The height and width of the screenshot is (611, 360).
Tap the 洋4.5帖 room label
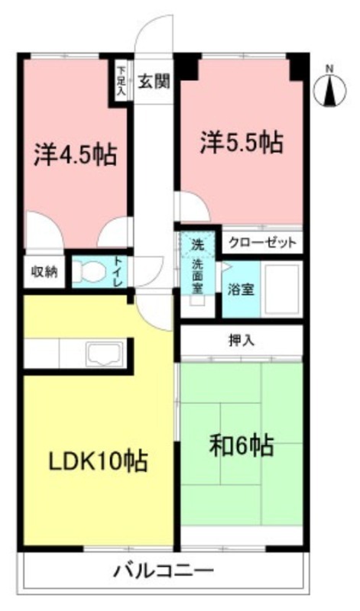pyautogui.click(x=74, y=155)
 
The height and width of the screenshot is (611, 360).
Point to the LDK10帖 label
pyautogui.click(x=98, y=462)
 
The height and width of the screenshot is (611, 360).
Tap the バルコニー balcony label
pyautogui.click(x=165, y=571)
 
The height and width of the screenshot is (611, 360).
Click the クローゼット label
pyautogui.click(x=262, y=242)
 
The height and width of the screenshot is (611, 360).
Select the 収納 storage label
pyautogui.click(x=44, y=272)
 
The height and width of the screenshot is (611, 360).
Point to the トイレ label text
pyautogui.click(x=118, y=273)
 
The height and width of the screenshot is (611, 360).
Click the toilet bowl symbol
pyautogui.click(x=91, y=273)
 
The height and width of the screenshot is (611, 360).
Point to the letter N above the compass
pyautogui.click(x=330, y=69)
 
